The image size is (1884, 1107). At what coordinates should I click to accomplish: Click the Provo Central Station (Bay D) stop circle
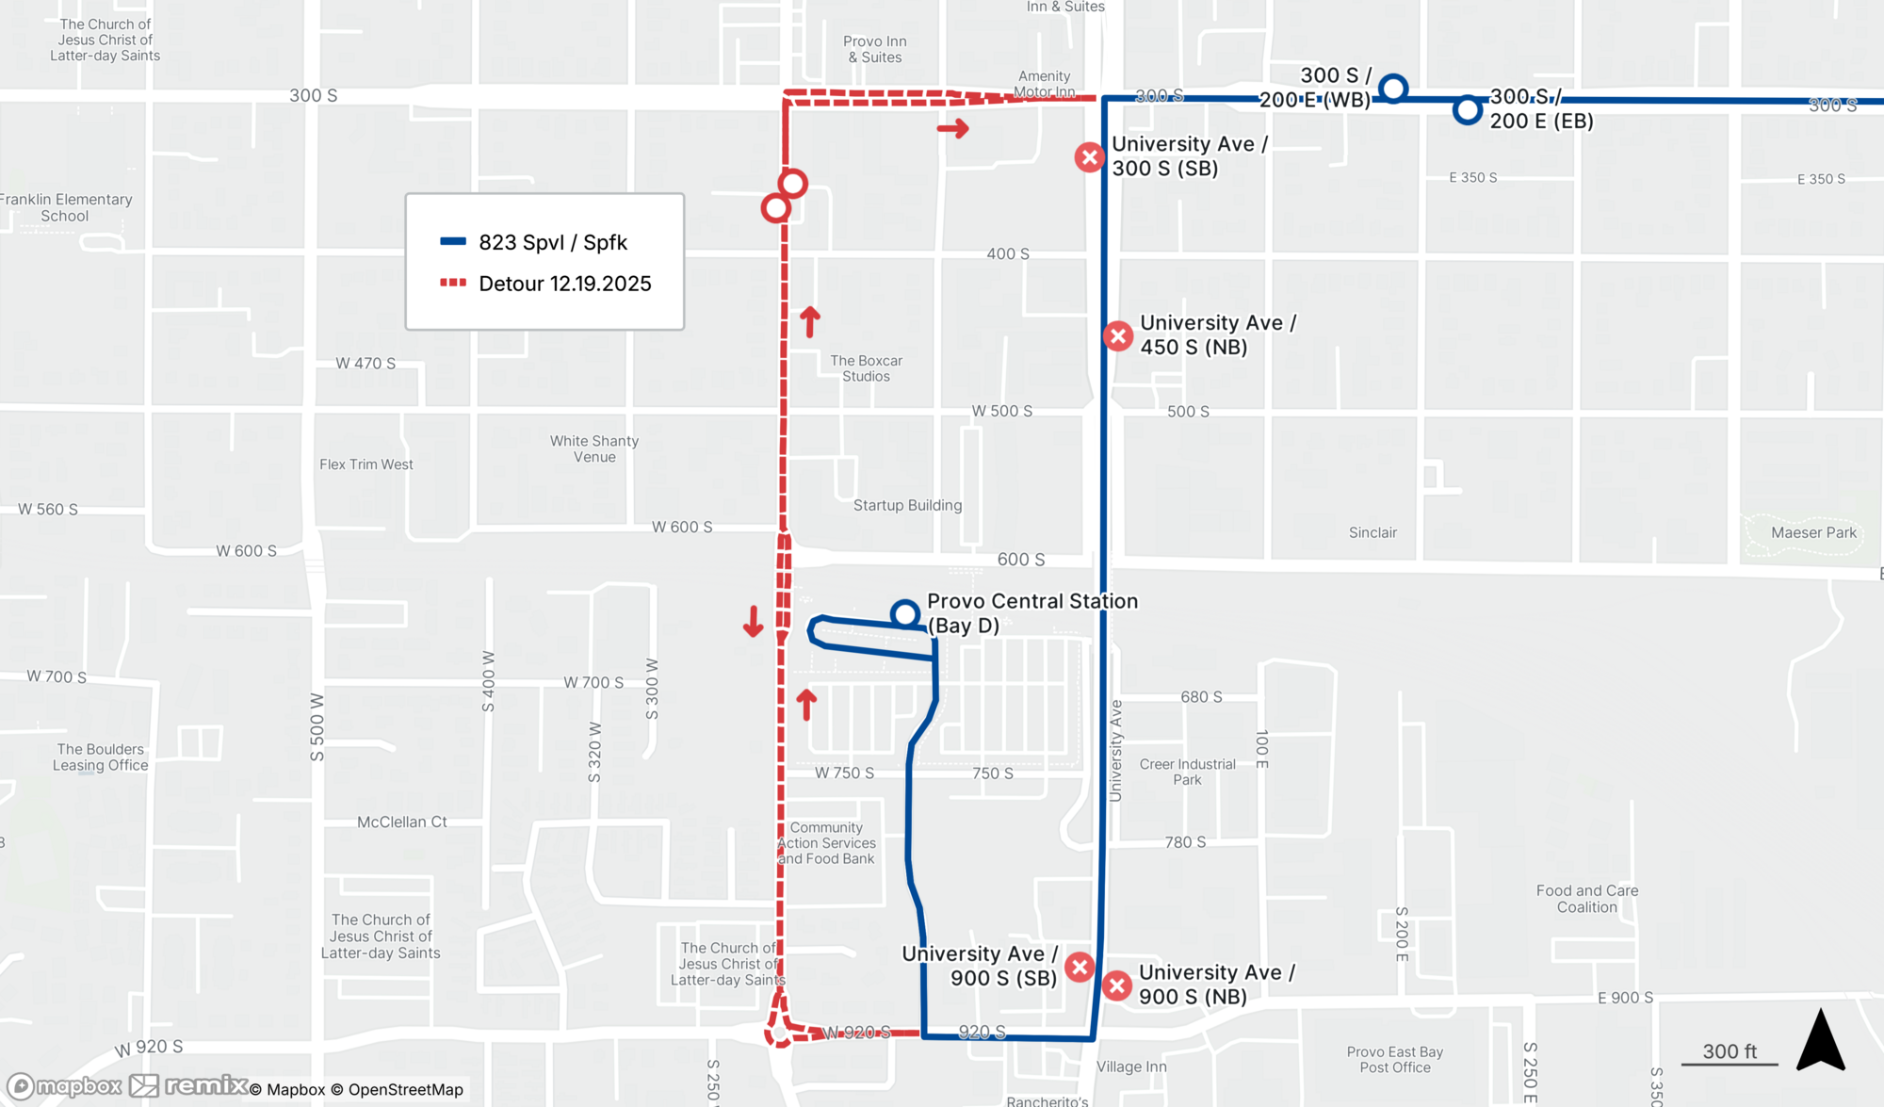[x=905, y=614]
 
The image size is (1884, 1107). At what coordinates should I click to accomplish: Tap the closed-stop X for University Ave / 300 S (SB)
[x=1090, y=157]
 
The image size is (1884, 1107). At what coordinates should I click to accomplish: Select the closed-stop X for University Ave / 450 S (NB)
[x=1118, y=335]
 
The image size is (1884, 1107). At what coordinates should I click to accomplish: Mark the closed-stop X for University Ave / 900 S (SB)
[x=1080, y=967]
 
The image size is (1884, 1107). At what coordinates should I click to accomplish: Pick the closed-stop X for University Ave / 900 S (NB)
[x=1117, y=985]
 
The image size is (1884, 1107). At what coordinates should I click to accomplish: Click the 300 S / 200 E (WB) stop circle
[x=1393, y=89]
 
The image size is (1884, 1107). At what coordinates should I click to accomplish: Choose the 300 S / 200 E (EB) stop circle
[x=1467, y=110]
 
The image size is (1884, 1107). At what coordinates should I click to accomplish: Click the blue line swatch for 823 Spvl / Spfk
[x=453, y=241]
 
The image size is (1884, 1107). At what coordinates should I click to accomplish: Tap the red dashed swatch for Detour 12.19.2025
[x=453, y=283]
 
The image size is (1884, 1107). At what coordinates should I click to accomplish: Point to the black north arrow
[x=1820, y=1040]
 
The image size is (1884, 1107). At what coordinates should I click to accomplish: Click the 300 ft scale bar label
[x=1730, y=1051]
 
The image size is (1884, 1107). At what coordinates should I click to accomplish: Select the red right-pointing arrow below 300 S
[x=953, y=128]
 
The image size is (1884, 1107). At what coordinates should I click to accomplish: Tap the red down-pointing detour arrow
[x=753, y=622]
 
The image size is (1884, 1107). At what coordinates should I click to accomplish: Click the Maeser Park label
[x=1813, y=532]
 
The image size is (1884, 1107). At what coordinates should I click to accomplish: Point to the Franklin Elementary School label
[x=66, y=207]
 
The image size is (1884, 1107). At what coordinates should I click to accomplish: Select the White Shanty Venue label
[x=594, y=448]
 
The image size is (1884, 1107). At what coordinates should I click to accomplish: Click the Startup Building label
[x=907, y=505]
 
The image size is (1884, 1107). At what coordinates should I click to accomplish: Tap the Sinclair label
[x=1372, y=532]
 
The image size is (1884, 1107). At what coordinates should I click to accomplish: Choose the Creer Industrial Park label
[x=1187, y=772]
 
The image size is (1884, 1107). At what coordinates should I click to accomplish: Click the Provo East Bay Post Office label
[x=1394, y=1059]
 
